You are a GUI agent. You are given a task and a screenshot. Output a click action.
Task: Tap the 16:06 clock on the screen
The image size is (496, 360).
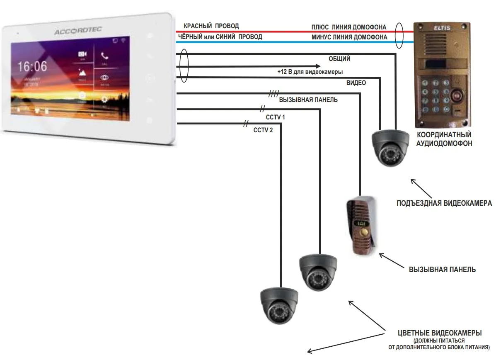tap(32, 66)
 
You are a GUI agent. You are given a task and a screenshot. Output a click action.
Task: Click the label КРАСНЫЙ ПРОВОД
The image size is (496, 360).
tap(211, 26)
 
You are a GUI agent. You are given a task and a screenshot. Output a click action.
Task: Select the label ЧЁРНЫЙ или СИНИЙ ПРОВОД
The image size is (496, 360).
tap(220, 37)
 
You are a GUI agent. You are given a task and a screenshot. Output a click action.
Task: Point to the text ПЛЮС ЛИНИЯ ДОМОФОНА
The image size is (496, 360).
tap(349, 27)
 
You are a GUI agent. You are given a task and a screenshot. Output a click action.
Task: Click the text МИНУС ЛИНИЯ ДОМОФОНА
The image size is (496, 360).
tap(349, 37)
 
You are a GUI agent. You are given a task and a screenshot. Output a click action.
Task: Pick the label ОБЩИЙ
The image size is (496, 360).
tap(339, 59)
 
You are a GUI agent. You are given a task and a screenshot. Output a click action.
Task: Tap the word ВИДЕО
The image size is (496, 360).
tap(356, 83)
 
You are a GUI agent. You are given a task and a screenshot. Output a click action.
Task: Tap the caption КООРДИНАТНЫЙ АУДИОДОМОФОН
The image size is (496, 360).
tap(444, 139)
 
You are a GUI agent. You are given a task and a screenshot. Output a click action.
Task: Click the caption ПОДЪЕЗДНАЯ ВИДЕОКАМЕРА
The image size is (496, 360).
tap(444, 203)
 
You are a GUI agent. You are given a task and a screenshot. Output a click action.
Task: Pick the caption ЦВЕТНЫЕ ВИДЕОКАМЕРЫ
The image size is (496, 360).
tap(440, 333)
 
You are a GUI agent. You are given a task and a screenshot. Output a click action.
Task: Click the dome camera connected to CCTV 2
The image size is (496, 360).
tap(279, 305)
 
